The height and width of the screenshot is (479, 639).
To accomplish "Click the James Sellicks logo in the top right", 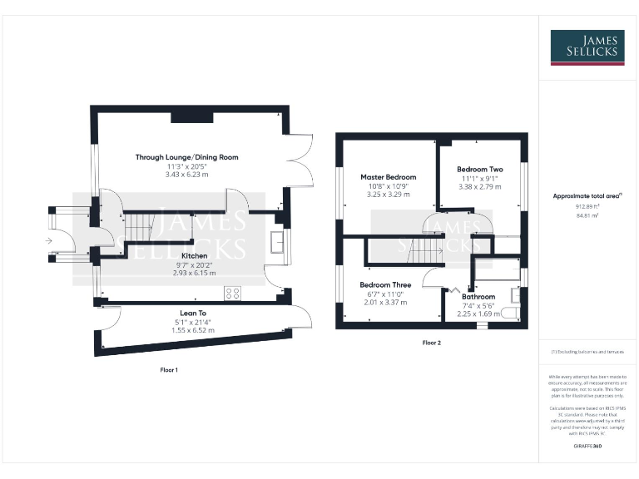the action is point(587,47).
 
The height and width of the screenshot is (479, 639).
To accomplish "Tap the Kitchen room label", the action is point(194,256).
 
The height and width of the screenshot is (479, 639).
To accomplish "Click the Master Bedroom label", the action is point(389,177).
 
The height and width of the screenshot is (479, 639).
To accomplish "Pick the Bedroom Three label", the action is point(385,285).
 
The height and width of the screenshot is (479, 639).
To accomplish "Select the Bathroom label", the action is point(478,296).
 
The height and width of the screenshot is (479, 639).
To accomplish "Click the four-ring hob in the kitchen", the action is point(233,293).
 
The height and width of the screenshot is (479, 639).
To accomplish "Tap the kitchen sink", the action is point(277,242).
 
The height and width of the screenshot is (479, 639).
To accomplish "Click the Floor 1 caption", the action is point(169,369).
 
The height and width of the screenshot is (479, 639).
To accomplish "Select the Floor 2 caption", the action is point(431,343).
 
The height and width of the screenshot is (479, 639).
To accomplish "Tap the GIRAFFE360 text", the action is point(587,447).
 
